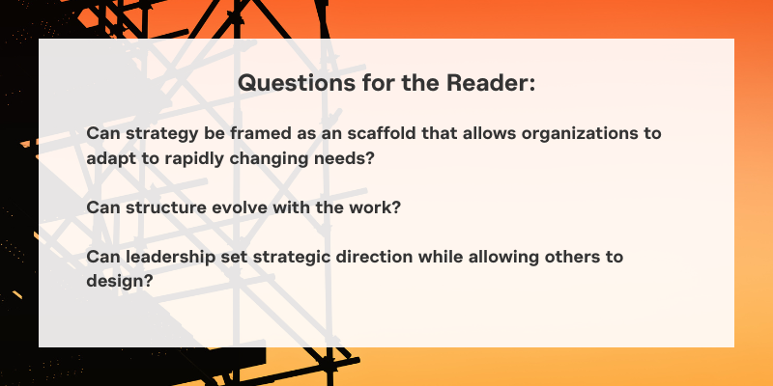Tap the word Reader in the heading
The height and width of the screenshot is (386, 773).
point(491,82)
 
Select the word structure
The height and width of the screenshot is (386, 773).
point(165,207)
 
